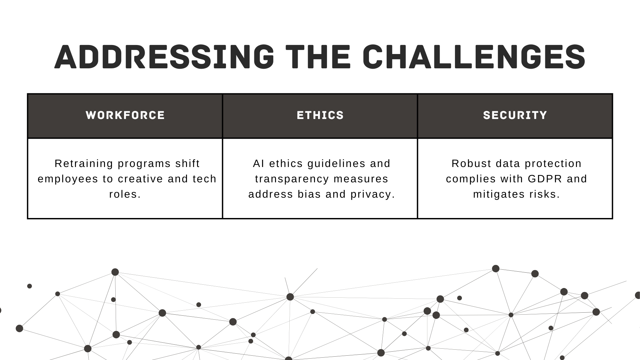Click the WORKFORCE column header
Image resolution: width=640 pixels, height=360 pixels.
pyautogui.click(x=125, y=115)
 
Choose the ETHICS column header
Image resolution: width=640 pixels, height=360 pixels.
pyautogui.click(x=320, y=115)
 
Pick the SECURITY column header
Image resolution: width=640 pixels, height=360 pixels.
pyautogui.click(x=515, y=115)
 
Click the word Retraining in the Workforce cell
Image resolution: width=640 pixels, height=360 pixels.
pyautogui.click(x=84, y=164)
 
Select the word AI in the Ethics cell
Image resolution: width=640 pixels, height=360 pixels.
pyautogui.click(x=259, y=164)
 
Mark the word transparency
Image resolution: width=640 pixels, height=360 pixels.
pyautogui.click(x=292, y=179)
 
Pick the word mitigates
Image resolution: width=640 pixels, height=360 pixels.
pyautogui.click(x=494, y=195)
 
